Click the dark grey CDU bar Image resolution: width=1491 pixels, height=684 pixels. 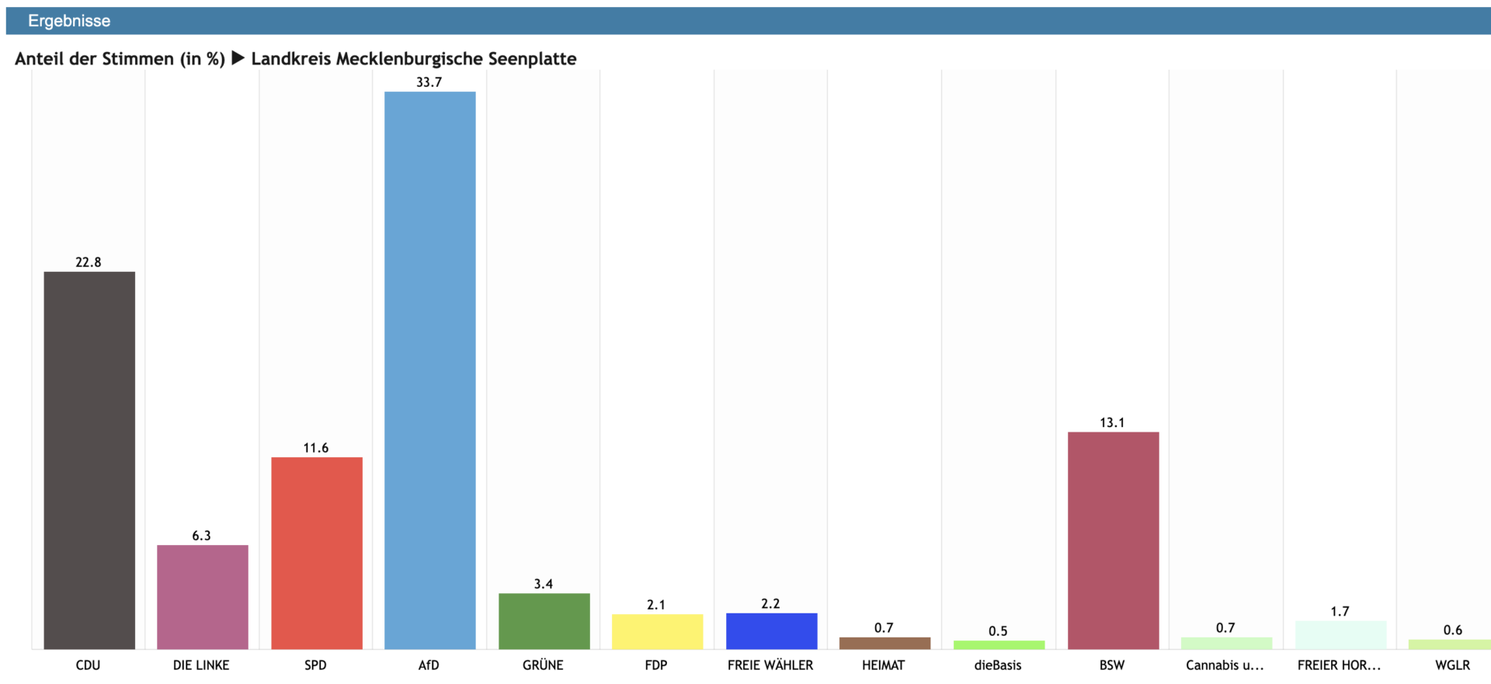[89, 460]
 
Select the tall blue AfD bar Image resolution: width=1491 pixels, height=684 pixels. [429, 370]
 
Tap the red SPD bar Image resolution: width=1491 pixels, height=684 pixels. [317, 553]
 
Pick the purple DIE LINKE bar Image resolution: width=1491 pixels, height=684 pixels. [203, 596]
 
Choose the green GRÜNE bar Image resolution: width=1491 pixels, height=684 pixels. [544, 621]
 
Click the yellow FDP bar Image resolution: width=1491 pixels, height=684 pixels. [657, 631]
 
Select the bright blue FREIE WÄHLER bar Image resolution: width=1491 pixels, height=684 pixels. [771, 630]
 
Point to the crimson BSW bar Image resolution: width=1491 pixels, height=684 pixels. [1113, 540]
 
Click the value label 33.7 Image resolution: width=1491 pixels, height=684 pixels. [429, 82]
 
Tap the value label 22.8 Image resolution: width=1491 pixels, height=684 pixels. [88, 262]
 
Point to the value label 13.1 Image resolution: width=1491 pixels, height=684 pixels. [1111, 422]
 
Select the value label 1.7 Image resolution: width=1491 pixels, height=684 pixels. [1340, 611]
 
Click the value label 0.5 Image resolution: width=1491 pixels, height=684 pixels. [998, 631]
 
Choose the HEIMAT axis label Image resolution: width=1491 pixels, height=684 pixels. [883, 665]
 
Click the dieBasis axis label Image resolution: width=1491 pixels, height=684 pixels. [998, 665]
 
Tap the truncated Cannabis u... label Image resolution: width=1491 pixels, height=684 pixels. [1225, 665]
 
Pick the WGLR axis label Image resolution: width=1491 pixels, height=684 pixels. [1452, 665]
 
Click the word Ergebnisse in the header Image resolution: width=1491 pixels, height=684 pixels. [69, 21]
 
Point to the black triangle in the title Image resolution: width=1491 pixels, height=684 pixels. [238, 58]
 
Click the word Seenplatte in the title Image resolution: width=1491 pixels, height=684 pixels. [532, 59]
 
